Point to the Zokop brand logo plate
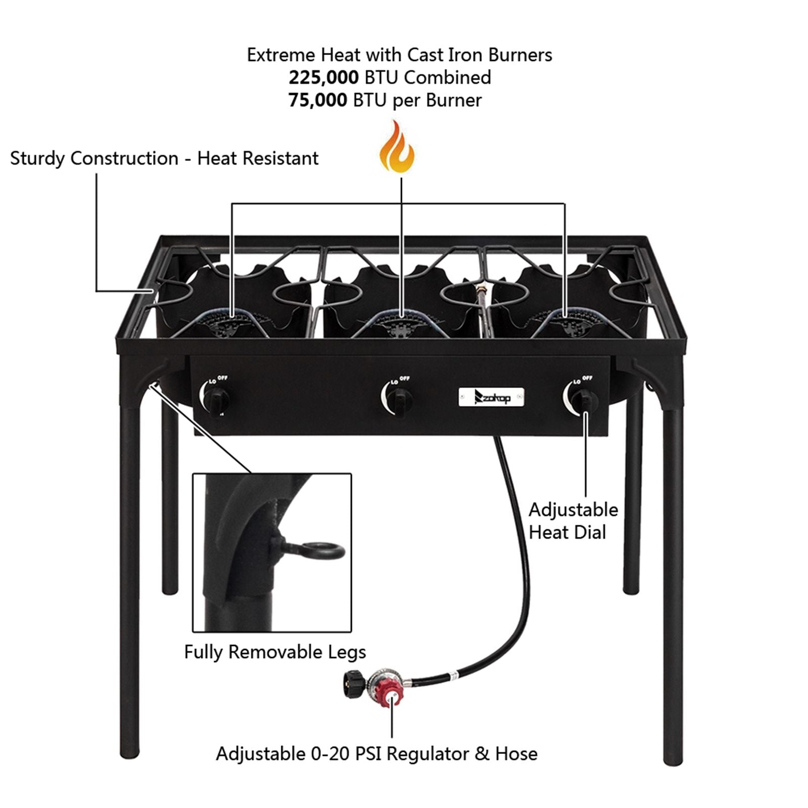coord(491,397)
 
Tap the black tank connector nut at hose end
coord(353,684)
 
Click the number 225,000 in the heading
coord(323,77)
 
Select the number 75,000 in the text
coord(318,100)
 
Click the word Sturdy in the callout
coord(37,159)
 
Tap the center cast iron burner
coord(400,323)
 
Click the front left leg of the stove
coord(130,581)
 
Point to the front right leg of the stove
coord(672,581)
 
